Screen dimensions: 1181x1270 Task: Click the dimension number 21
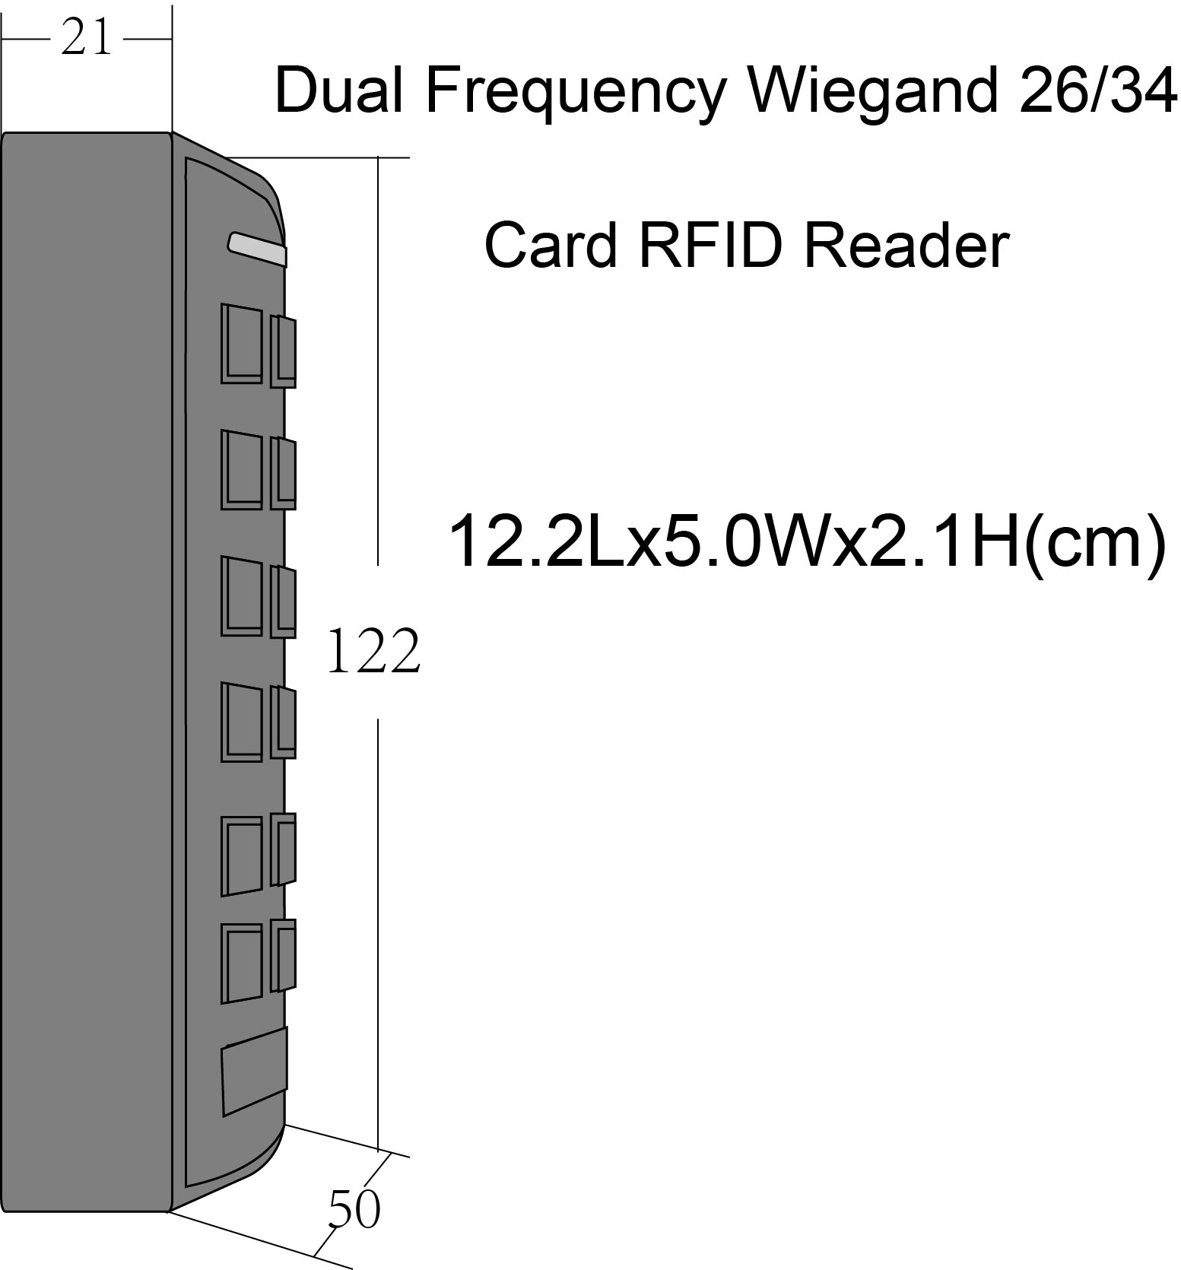87,38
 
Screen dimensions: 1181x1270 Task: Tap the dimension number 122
373,652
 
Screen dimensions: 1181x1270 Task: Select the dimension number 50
354,1209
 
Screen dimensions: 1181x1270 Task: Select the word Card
550,246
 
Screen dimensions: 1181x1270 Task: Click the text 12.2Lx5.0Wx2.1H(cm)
808,541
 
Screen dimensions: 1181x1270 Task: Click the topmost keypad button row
259,345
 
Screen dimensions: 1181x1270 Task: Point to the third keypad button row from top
259,597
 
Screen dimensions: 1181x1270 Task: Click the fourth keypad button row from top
259,722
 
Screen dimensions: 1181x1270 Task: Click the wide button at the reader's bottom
255,1072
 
